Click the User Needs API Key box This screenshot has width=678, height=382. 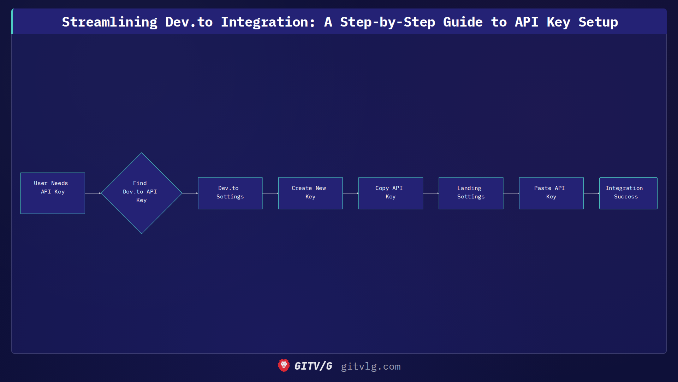coord(53,193)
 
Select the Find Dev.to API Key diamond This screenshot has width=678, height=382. coord(141,193)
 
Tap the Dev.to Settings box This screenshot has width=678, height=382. coord(230,193)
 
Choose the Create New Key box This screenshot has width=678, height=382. coord(310,193)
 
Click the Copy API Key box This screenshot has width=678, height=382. coord(390,193)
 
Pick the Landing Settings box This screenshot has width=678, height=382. coord(471,193)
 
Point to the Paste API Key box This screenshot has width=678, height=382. coord(551,193)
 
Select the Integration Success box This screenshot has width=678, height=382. coord(628,193)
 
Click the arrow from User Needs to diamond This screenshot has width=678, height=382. coord(93,193)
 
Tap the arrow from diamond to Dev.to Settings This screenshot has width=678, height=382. coord(190,193)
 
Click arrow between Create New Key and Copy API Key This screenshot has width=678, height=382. coord(350,193)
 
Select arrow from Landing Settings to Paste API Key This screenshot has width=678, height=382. coord(511,193)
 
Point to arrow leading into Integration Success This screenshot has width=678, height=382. coord(591,193)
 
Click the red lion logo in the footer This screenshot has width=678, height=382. coord(284,366)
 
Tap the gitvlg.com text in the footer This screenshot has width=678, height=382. coord(370,366)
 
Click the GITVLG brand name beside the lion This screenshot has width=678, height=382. coord(313,366)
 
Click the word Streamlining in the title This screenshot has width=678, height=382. coord(109,22)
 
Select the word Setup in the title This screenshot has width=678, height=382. coord(598,22)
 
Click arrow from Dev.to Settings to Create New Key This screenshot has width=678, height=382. coord(270,193)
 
